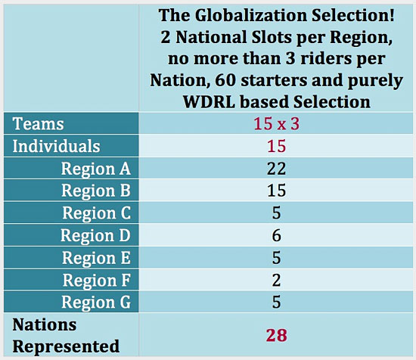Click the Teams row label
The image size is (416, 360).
click(x=39, y=123)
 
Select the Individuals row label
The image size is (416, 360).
click(x=56, y=146)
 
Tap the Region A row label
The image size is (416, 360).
click(x=96, y=169)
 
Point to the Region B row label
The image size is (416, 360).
click(x=96, y=191)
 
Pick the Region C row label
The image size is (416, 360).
click(x=97, y=213)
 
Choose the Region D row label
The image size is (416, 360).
click(x=95, y=235)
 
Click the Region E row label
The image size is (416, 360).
click(x=96, y=258)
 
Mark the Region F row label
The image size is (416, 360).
click(x=97, y=280)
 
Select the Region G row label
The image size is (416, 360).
click(x=96, y=303)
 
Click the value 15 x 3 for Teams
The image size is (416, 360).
click(x=276, y=123)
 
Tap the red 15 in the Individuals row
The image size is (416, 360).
click(x=276, y=146)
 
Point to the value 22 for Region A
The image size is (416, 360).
click(x=276, y=169)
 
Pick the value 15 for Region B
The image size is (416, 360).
click(x=276, y=191)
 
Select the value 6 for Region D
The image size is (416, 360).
click(x=276, y=235)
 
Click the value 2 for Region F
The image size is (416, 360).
click(x=276, y=280)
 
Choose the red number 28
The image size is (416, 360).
click(x=276, y=335)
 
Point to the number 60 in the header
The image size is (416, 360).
click(x=225, y=80)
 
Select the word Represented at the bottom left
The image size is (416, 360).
click(x=66, y=346)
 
